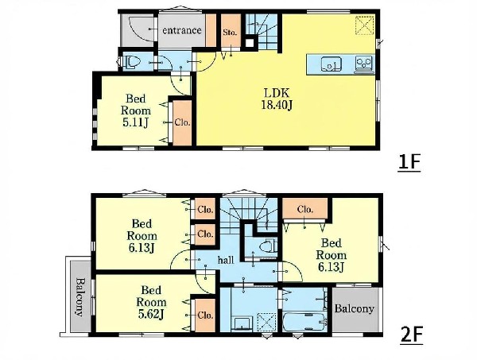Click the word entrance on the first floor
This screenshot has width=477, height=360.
coord(181,30)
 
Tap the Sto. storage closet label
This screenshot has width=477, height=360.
coord(230,33)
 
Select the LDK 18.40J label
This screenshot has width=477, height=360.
coord(277,99)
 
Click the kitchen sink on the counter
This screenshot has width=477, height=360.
coord(332,64)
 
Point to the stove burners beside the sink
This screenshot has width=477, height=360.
coord(364,64)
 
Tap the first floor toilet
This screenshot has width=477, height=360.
coord(133,62)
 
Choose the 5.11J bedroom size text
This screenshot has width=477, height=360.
coord(136,122)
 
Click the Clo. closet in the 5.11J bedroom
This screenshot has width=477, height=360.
coord(182,123)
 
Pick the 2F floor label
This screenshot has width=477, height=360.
coord(412,335)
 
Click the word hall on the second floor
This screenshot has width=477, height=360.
coord(226,260)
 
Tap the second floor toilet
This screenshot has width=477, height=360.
coord(269,246)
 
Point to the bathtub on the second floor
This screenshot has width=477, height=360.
coord(304,321)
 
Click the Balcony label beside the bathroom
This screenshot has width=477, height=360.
coord(354,309)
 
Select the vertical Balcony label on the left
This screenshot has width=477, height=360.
coord(79,297)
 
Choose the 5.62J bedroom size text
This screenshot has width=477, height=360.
coord(151,315)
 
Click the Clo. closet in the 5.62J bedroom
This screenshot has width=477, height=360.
coord(205,315)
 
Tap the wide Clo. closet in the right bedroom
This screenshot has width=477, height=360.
coord(304,209)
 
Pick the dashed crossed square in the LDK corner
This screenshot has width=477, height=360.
coord(365,25)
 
